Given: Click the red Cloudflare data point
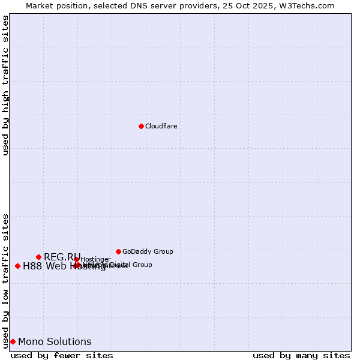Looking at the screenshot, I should [141, 126].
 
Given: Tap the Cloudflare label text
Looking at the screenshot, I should [161, 126].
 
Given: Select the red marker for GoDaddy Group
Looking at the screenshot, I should [118, 251].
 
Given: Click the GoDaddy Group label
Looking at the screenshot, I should [148, 251].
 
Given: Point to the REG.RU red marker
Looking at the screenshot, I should [38, 257].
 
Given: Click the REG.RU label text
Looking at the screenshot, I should [61, 257].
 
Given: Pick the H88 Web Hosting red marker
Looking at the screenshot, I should [17, 266].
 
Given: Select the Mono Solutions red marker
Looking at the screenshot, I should [13, 341].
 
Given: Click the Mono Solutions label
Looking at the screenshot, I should [55, 341].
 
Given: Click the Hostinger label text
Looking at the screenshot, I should [95, 259].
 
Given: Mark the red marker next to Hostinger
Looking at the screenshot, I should [77, 259].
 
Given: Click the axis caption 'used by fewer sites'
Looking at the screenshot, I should [62, 355].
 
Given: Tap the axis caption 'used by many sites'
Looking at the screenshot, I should [301, 355].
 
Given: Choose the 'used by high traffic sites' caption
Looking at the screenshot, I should [5, 85].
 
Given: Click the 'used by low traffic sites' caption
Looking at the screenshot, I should [5, 281].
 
